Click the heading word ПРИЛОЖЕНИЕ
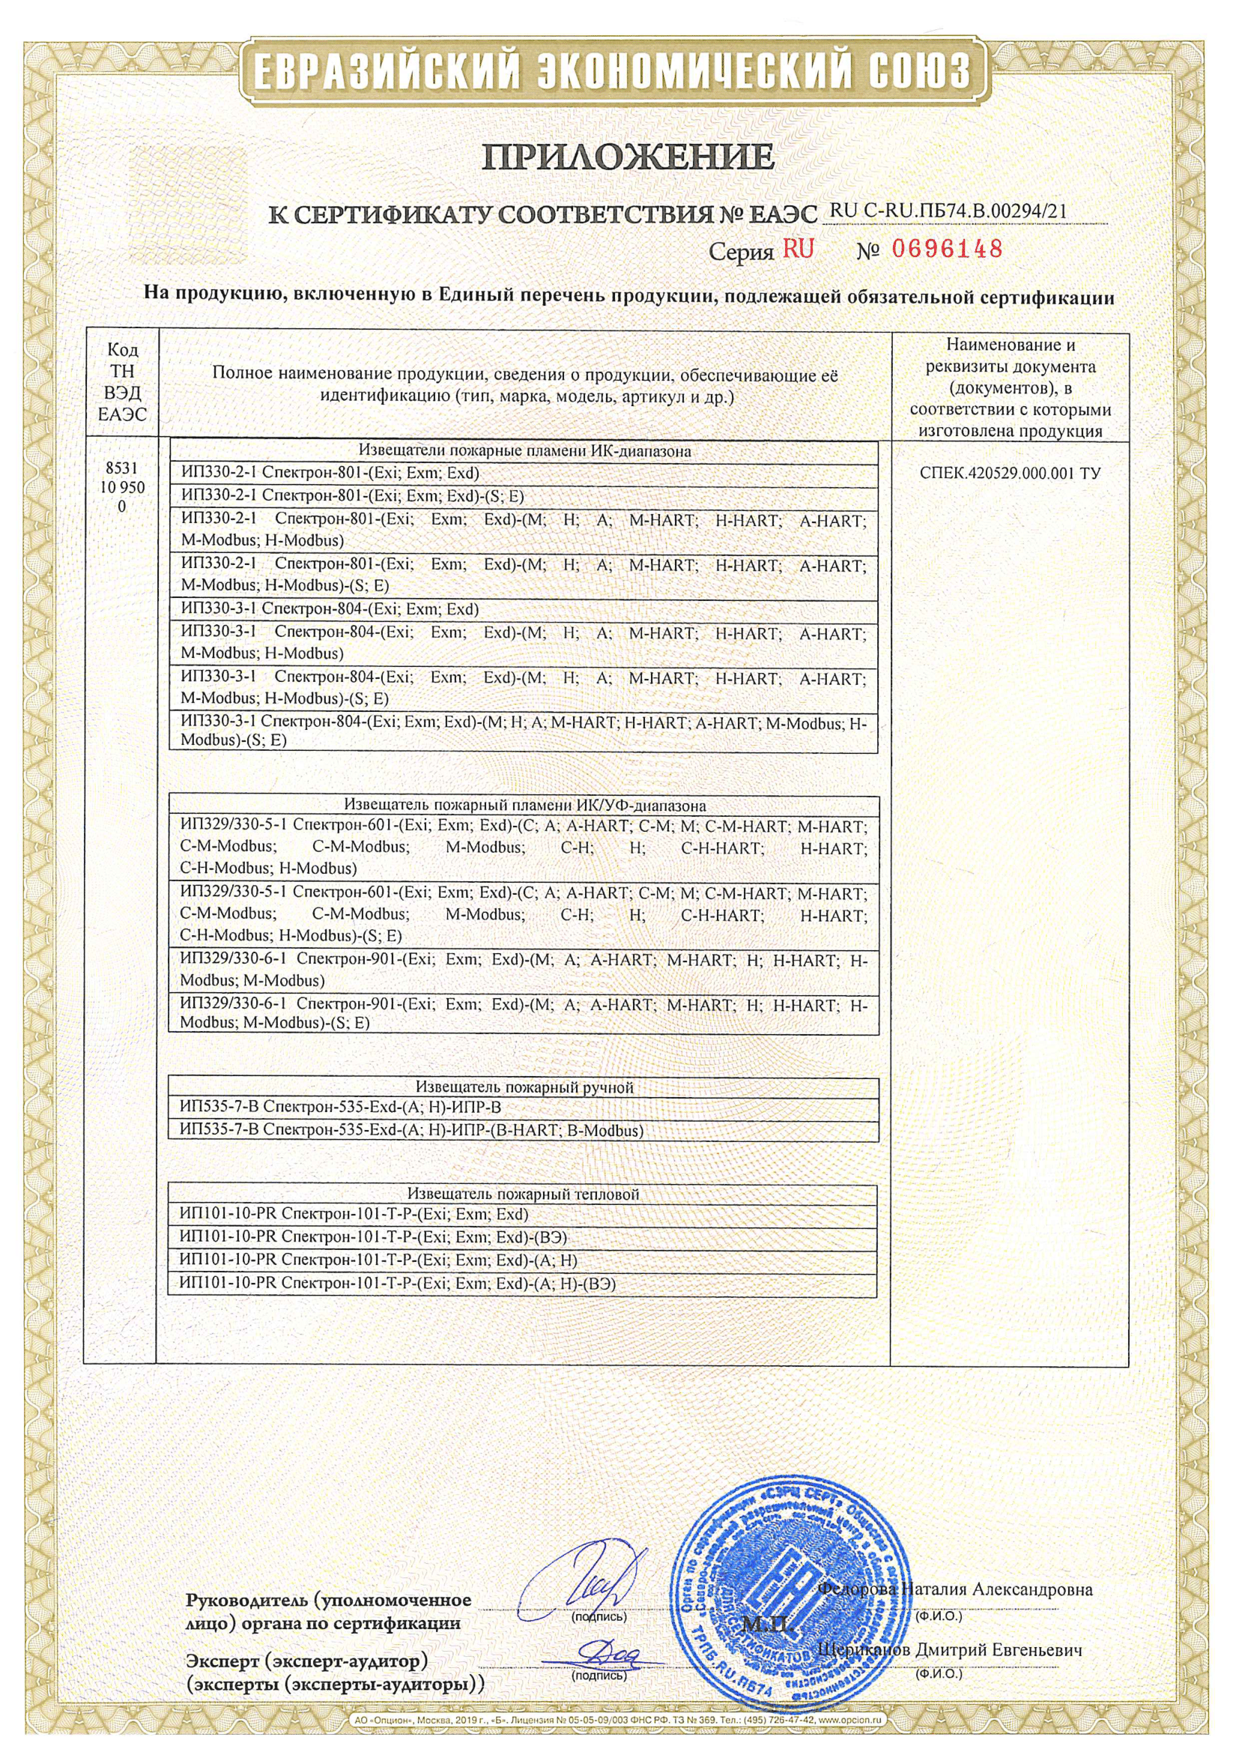[x=628, y=157]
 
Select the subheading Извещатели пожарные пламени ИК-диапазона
[x=524, y=451]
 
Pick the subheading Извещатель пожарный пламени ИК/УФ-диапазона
[x=524, y=805]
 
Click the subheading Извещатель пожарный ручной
[x=524, y=1087]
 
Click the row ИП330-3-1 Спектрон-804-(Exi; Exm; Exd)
[x=330, y=610]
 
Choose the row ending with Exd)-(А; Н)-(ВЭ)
[x=398, y=1284]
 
